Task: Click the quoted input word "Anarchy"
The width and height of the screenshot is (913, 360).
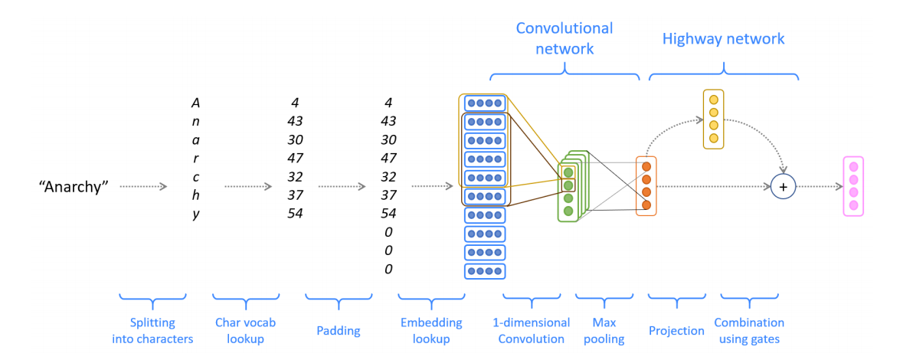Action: tap(74, 186)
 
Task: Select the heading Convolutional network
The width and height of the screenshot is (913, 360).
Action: tap(564, 38)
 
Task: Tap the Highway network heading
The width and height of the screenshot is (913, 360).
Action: tap(723, 38)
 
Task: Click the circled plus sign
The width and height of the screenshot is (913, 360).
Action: tap(782, 186)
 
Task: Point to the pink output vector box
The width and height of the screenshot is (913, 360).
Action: tap(853, 186)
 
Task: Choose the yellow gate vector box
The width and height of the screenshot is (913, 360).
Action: tap(713, 119)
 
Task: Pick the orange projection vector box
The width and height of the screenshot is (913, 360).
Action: tap(646, 185)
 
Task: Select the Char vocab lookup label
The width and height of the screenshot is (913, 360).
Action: tap(245, 330)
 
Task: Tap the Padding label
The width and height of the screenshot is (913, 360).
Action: tap(339, 331)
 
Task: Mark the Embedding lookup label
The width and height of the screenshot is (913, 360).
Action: tap(430, 330)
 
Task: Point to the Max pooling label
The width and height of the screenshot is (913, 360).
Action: tap(604, 330)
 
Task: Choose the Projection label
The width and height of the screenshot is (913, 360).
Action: tap(677, 331)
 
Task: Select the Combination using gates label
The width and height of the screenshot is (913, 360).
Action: tap(749, 330)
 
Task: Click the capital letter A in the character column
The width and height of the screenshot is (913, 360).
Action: tap(196, 103)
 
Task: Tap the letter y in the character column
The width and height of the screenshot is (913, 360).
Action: tap(196, 214)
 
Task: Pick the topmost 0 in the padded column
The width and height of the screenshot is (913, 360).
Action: tap(388, 232)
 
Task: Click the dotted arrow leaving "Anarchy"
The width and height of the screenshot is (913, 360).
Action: tap(144, 186)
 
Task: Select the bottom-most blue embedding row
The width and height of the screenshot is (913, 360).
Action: tap(486, 270)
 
